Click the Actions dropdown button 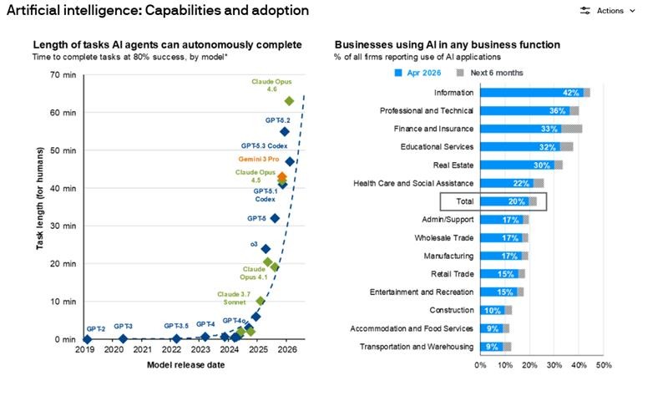point(608,11)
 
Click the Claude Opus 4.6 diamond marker point(289,101)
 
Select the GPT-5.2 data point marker point(285,132)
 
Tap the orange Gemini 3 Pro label point(259,159)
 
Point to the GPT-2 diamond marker point(87,339)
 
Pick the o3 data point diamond point(266,249)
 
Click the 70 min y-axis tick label point(63,75)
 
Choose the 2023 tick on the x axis point(200,349)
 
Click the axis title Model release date point(185,365)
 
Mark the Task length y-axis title point(39,198)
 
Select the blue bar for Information point(532,93)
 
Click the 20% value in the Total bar point(516,201)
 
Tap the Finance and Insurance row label point(433,129)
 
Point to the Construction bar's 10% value point(492,311)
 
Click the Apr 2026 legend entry point(417,73)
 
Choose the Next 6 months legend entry point(490,73)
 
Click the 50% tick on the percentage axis point(604,365)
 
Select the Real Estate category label point(453,165)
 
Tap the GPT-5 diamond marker point(275,218)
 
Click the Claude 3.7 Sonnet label point(234,298)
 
